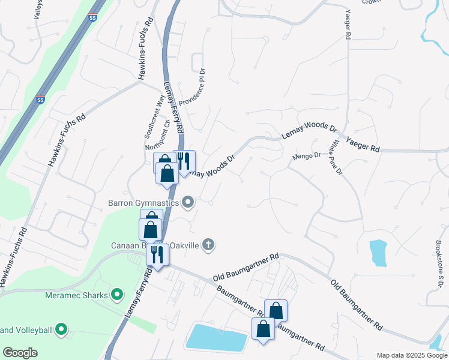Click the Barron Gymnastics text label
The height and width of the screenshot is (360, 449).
(143, 203)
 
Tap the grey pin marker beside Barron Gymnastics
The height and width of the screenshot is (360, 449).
(188, 202)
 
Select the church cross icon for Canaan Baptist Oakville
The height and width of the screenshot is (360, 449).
(208, 244)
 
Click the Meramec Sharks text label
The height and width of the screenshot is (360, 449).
(76, 295)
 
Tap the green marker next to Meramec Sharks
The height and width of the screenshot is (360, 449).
(117, 295)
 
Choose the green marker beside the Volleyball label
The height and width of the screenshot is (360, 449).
(60, 329)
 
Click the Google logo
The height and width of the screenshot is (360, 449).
(20, 353)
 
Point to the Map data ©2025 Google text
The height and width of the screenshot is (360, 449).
(411, 355)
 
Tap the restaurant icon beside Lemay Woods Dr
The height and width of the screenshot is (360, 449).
(184, 161)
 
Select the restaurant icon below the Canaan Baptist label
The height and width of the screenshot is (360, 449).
(158, 255)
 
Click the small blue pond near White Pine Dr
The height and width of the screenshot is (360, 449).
(378, 253)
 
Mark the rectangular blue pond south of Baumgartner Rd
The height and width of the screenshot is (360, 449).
(217, 337)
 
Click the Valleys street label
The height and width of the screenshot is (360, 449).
(37, 10)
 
